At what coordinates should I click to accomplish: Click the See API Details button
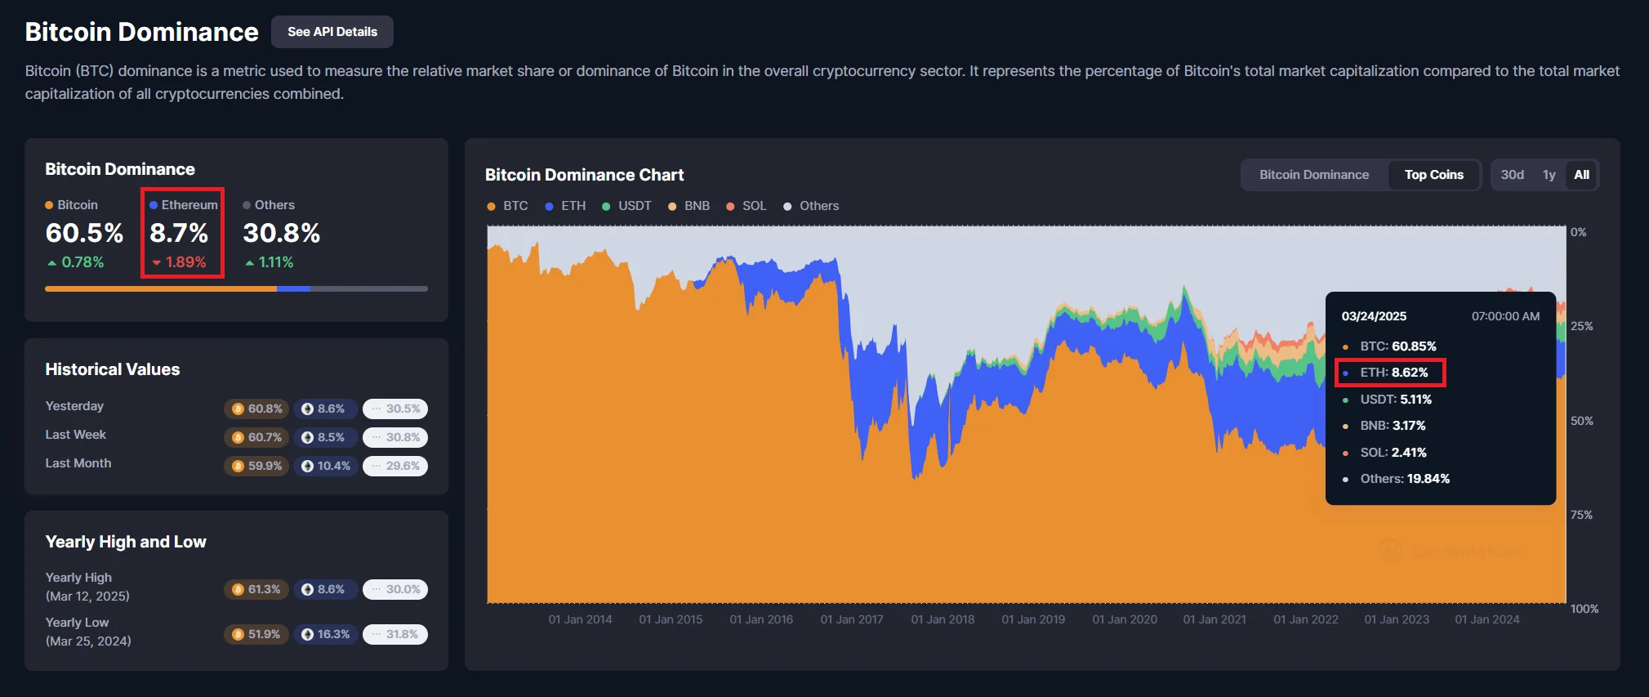(332, 32)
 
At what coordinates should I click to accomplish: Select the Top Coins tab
(1433, 175)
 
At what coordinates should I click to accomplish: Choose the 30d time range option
(1512, 175)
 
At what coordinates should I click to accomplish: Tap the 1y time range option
(1549, 175)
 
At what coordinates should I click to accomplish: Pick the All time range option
(1581, 175)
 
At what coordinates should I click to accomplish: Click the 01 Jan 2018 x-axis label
(943, 619)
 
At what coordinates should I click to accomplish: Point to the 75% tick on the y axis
(1581, 515)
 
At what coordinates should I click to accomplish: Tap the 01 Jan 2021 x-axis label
(1214, 619)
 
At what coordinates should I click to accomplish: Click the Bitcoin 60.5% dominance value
(84, 233)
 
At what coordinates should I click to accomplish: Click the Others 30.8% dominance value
(281, 233)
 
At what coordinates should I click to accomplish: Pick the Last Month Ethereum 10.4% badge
(326, 466)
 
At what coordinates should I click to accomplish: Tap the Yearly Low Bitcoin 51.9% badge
(256, 634)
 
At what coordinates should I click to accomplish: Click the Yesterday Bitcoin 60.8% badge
(257, 409)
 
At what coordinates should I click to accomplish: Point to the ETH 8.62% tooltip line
(1393, 373)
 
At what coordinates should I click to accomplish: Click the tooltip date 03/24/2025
(1374, 316)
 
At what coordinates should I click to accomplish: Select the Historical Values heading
(113, 369)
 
